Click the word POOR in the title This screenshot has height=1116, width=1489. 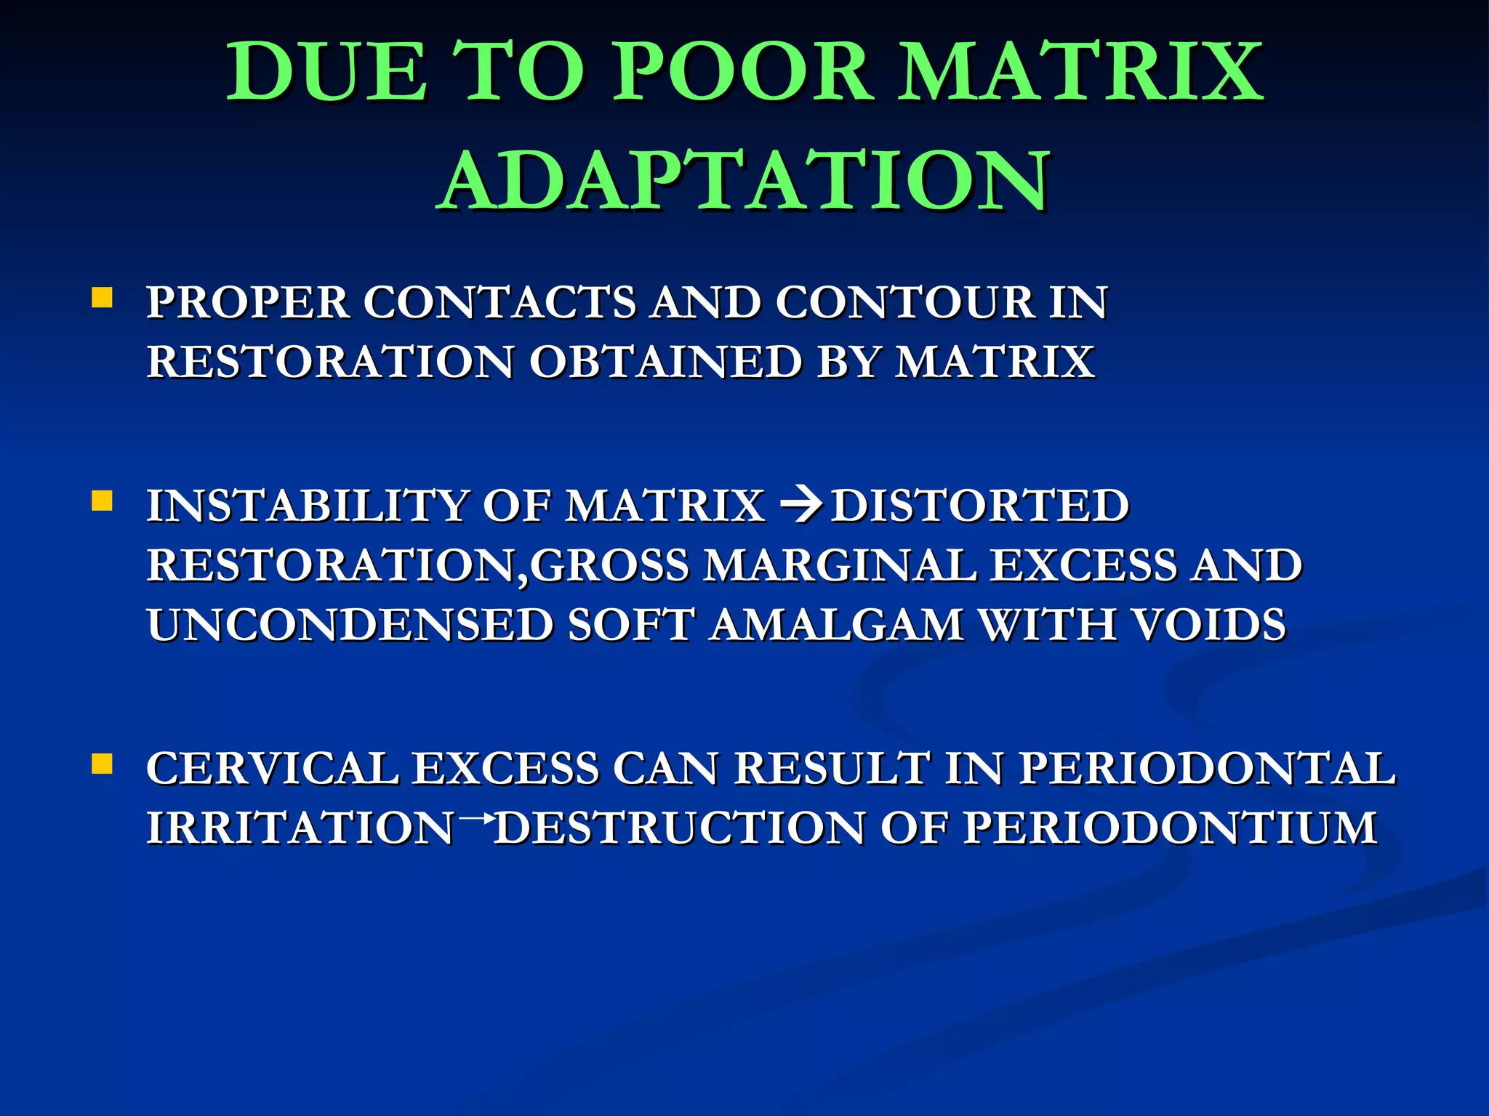click(x=742, y=73)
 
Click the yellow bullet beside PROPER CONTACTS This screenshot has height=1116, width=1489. click(x=103, y=298)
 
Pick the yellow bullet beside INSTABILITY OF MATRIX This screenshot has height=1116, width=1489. click(x=103, y=501)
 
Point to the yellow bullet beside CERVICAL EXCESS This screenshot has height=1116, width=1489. click(x=103, y=764)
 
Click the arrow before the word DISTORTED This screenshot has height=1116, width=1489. click(x=799, y=505)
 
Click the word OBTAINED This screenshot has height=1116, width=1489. click(x=665, y=362)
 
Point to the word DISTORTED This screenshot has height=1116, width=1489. click(x=980, y=506)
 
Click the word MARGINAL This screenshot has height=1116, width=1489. click(x=840, y=565)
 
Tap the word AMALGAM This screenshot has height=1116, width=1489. click(x=837, y=625)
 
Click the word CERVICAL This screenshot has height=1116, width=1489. click(x=273, y=769)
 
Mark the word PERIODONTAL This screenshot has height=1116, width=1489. click(x=1207, y=769)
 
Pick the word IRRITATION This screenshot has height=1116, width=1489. click(x=300, y=828)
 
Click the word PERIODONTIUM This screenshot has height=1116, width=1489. click(x=1171, y=828)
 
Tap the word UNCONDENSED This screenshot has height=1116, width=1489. click(x=350, y=625)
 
